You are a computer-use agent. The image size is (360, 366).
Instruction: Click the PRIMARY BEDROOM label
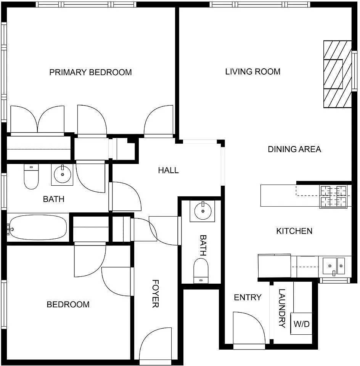tap(90, 72)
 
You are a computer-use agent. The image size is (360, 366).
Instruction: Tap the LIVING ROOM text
tap(252, 71)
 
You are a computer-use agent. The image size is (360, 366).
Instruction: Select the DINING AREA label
tap(294, 149)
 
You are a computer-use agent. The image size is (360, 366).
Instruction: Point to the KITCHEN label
tap(294, 231)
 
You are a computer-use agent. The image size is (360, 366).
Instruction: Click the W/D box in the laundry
tap(301, 324)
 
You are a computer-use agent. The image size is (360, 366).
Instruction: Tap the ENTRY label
tap(247, 297)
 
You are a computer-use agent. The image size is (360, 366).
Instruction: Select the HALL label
tap(168, 170)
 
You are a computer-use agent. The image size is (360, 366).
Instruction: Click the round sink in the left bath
tap(62, 175)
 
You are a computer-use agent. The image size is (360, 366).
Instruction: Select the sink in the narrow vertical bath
tap(202, 210)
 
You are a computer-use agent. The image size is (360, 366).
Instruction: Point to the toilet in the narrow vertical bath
tap(201, 270)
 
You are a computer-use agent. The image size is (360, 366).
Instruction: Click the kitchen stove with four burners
tap(333, 196)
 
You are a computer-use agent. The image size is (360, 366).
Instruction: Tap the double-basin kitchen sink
tap(334, 265)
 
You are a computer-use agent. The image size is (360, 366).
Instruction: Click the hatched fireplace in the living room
tap(337, 74)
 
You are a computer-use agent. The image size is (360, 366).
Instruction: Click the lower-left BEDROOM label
tap(68, 304)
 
